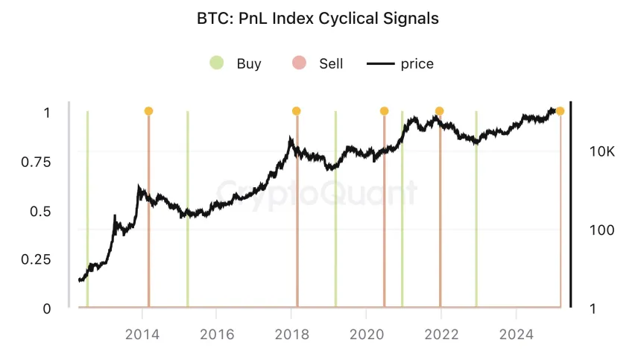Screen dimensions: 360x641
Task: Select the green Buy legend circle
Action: coord(216,63)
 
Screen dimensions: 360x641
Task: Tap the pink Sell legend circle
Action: coord(299,63)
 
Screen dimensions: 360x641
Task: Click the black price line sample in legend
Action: coord(380,63)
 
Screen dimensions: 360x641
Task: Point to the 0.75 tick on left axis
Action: coord(37,162)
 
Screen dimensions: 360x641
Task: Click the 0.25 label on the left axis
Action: coord(37,259)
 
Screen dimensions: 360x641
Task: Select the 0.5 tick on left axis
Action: coord(41,211)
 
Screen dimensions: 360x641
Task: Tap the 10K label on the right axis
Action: coord(601,152)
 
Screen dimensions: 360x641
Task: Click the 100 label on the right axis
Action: coord(601,230)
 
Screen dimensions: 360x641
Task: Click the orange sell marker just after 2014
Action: coord(148,111)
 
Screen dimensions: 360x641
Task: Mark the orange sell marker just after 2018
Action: coord(297,111)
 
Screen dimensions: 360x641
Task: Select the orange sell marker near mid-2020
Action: coord(384,111)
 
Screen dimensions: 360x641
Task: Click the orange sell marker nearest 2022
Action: coord(440,111)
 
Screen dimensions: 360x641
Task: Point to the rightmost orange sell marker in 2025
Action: coord(560,111)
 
